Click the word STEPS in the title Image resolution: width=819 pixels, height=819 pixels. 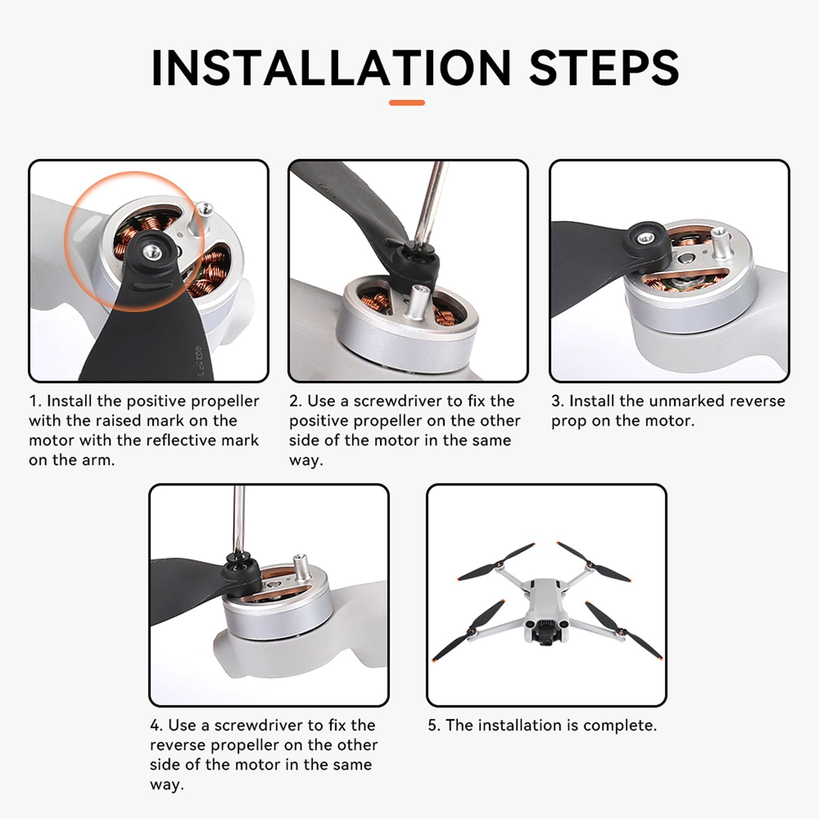coord(604,67)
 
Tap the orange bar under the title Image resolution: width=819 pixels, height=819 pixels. coord(407,103)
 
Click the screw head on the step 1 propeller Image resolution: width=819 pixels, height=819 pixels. coord(152,252)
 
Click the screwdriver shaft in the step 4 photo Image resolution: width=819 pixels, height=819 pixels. coord(239,520)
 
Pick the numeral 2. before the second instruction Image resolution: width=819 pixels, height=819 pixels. coord(296,401)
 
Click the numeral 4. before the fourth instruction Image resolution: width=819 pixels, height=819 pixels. coord(157,725)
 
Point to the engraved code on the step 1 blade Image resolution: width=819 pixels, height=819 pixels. coord(198,361)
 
